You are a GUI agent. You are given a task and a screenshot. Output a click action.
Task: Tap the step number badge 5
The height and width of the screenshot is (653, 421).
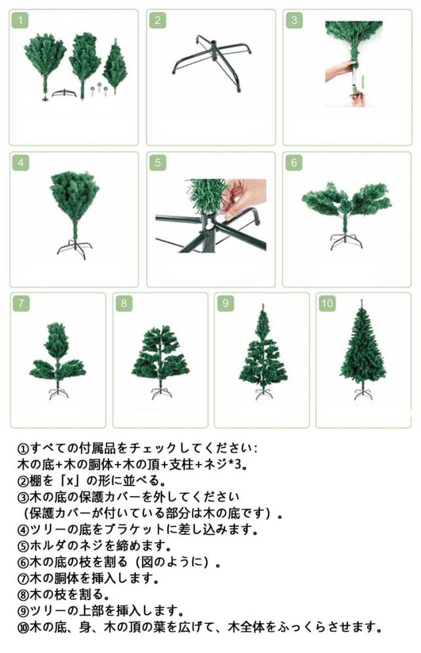[157, 163]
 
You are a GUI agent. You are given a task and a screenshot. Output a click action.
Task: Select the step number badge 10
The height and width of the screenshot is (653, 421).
[327, 304]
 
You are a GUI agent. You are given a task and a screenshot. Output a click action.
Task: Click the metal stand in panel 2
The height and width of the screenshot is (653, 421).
[212, 62]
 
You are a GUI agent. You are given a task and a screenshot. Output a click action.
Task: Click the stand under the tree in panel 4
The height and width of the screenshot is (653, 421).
[74, 249]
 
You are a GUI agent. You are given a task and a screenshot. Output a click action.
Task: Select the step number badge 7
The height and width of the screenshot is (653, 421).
[21, 304]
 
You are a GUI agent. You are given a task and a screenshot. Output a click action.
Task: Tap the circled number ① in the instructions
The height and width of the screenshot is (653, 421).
[23, 449]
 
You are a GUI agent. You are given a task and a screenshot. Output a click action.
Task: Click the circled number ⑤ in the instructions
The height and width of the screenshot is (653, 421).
[23, 546]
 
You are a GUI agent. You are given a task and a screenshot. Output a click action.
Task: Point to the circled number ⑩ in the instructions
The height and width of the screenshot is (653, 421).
[23, 627]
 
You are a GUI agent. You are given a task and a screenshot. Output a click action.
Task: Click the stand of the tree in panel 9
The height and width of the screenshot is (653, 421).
[262, 394]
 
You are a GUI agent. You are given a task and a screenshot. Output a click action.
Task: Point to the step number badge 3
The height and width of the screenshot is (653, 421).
[294, 20]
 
